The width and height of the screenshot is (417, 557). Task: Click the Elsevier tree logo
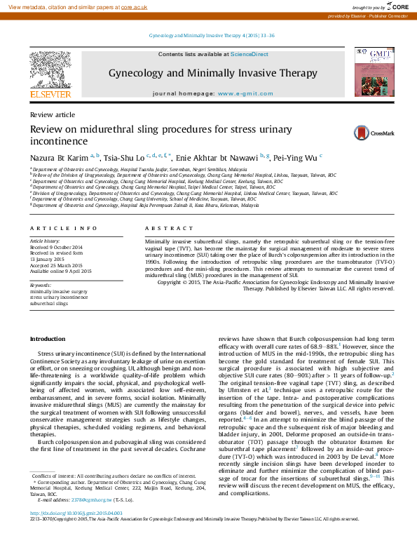pyautogui.click(x=50, y=70)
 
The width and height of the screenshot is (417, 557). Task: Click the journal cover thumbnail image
pyautogui.click(x=369, y=72)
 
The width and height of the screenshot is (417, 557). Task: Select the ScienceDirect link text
pyautogui.click(x=250, y=54)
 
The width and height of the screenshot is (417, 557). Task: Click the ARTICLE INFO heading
pyautogui.click(x=64, y=248)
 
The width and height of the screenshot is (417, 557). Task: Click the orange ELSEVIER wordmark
pyautogui.click(x=50, y=94)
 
